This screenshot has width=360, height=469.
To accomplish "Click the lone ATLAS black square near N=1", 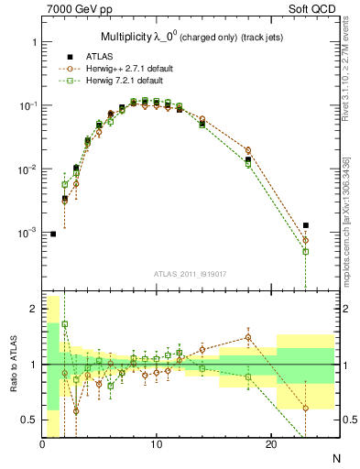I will (53, 234).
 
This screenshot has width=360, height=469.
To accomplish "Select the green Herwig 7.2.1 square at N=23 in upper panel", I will (306, 251).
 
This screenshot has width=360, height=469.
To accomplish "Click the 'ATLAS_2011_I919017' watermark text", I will (191, 273).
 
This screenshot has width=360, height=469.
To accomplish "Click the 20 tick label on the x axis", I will (271, 444).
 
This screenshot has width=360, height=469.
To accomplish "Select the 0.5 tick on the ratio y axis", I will (28, 420).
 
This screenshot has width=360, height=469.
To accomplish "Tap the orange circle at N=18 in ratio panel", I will (248, 337).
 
